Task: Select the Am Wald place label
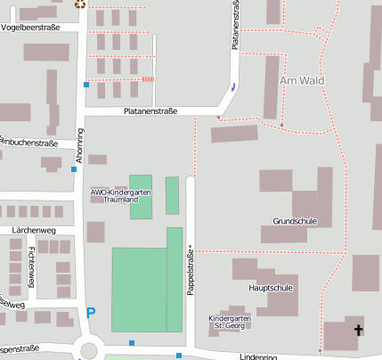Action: pyautogui.click(x=302, y=81)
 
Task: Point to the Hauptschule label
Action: pyautogui.click(x=271, y=288)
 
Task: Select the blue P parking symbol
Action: pyautogui.click(x=90, y=313)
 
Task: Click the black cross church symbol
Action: pyautogui.click(x=359, y=331)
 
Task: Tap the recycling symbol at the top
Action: pyautogui.click(x=81, y=4)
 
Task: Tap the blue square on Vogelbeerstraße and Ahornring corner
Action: pyautogui.click(x=86, y=84)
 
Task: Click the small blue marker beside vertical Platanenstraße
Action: pyautogui.click(x=233, y=86)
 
